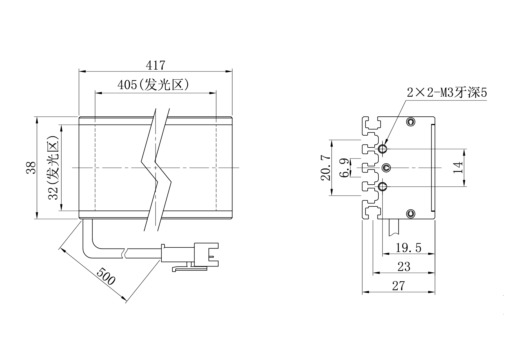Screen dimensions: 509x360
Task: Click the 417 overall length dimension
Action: [x=156, y=65]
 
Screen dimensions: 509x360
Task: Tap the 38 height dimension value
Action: [x=31, y=168]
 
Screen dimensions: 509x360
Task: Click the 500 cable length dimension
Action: [x=106, y=276]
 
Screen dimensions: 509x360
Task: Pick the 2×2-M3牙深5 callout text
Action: [x=447, y=93]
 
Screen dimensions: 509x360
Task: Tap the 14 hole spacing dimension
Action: [x=458, y=168]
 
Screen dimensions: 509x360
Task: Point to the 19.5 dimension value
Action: [x=409, y=248]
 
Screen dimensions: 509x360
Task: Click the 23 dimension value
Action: [x=404, y=266]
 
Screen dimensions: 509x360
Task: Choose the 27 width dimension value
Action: [x=398, y=286]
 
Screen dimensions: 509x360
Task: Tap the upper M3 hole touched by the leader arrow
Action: [x=383, y=149]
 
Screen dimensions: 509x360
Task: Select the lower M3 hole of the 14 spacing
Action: [x=383, y=186]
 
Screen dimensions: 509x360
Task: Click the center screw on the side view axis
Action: [x=386, y=168]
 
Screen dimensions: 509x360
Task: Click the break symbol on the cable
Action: [x=124, y=253]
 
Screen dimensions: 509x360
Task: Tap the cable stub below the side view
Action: [x=394, y=228]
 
